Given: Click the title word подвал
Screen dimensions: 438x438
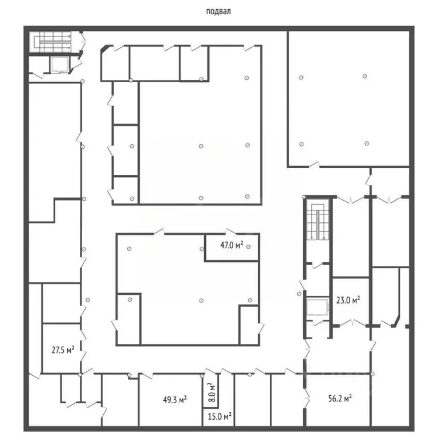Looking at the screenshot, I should click(x=220, y=10).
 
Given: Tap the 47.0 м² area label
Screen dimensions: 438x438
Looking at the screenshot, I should click(x=232, y=246).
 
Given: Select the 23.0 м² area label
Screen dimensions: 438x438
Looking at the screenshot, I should click(x=348, y=300).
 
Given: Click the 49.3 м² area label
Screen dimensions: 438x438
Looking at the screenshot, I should click(x=176, y=400).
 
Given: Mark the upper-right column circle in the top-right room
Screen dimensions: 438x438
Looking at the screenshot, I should click(x=364, y=76).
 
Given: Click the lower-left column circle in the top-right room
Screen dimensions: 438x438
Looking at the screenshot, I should click(x=302, y=144).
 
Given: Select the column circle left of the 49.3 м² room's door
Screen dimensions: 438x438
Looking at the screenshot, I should click(x=131, y=374).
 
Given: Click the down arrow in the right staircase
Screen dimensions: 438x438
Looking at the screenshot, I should click(x=311, y=234).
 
